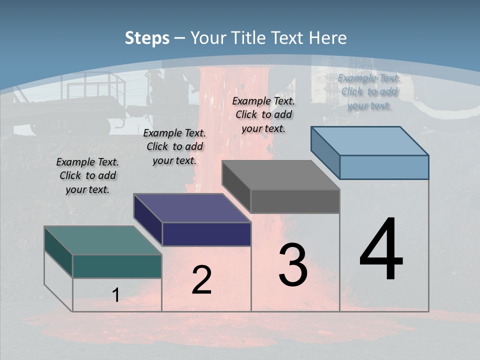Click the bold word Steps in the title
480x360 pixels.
point(147,38)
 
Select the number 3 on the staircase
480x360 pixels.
point(293,265)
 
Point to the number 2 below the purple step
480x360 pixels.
point(201,280)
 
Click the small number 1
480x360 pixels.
point(116,295)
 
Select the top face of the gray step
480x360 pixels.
point(280,175)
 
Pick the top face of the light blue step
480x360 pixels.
point(369,141)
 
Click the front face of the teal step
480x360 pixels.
point(117,266)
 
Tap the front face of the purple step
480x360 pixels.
point(206,234)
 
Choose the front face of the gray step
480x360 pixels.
point(295,201)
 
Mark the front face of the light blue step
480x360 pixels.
point(384,167)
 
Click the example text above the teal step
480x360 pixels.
point(87,175)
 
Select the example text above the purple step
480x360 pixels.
point(174,146)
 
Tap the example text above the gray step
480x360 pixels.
point(263,114)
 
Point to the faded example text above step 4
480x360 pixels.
point(369,91)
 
